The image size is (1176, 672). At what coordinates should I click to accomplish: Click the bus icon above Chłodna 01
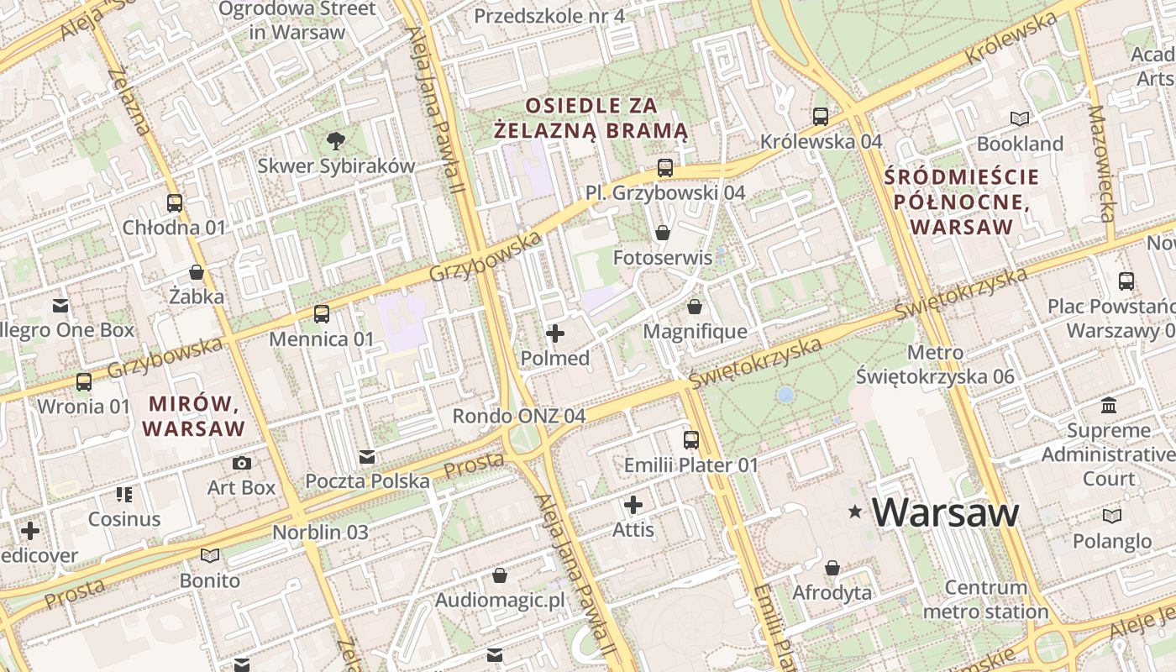tap(175, 203)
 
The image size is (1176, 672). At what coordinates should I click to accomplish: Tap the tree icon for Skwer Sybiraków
tap(335, 140)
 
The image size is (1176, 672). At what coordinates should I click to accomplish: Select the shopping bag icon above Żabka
tap(197, 272)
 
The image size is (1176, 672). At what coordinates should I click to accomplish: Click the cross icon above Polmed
tap(555, 333)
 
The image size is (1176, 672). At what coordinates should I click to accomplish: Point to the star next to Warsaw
tap(855, 511)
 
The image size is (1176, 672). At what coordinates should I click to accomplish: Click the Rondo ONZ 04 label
tap(518, 416)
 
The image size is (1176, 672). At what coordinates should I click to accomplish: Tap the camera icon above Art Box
tap(242, 463)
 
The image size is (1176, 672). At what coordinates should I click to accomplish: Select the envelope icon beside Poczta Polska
tap(367, 457)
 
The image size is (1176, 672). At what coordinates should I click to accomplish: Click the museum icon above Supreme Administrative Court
tap(1109, 406)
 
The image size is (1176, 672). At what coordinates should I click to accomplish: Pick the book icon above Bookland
tap(1020, 119)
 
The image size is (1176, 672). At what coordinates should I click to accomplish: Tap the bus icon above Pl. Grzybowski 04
tap(665, 168)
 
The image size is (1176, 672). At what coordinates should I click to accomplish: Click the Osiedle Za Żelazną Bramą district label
tap(591, 118)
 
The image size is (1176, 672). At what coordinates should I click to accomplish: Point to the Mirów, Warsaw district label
tap(193, 416)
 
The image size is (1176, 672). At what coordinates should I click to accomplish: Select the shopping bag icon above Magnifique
tap(694, 307)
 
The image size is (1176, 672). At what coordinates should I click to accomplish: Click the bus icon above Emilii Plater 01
tap(690, 439)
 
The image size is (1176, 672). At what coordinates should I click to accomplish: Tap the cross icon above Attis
tap(633, 505)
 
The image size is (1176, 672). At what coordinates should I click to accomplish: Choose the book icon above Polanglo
tap(1112, 517)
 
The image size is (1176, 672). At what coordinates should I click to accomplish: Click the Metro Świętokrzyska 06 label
tap(936, 365)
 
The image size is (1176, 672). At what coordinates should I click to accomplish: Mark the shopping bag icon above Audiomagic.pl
tap(500, 575)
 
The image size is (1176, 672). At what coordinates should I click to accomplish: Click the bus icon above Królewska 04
tap(821, 117)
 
